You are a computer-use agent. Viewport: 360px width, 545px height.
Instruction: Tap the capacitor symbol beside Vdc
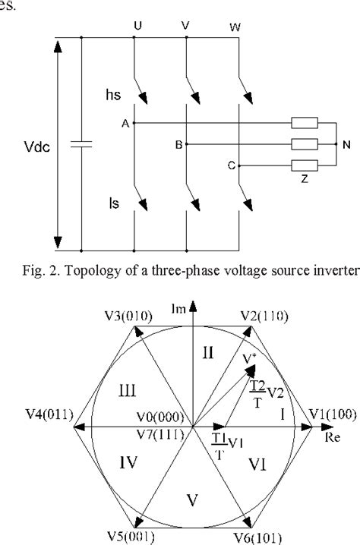[80, 144]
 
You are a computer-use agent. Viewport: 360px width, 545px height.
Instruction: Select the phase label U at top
[137, 26]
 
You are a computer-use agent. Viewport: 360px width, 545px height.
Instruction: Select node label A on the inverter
[124, 122]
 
